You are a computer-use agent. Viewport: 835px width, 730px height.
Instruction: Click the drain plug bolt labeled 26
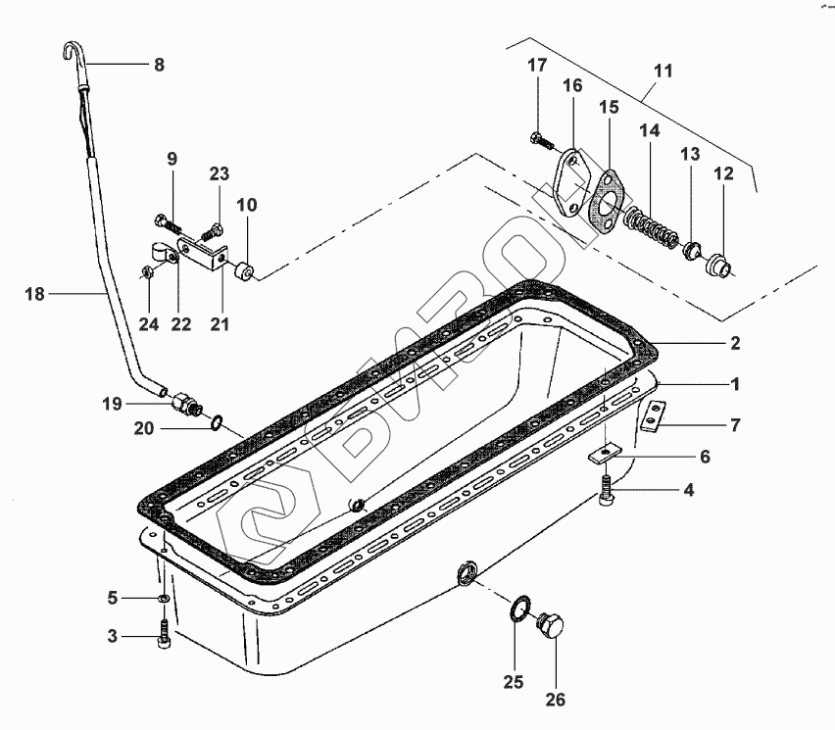pos(551,627)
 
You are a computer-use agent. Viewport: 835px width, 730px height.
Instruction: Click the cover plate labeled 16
pos(568,182)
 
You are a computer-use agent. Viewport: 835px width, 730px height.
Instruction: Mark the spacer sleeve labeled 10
pos(244,269)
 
